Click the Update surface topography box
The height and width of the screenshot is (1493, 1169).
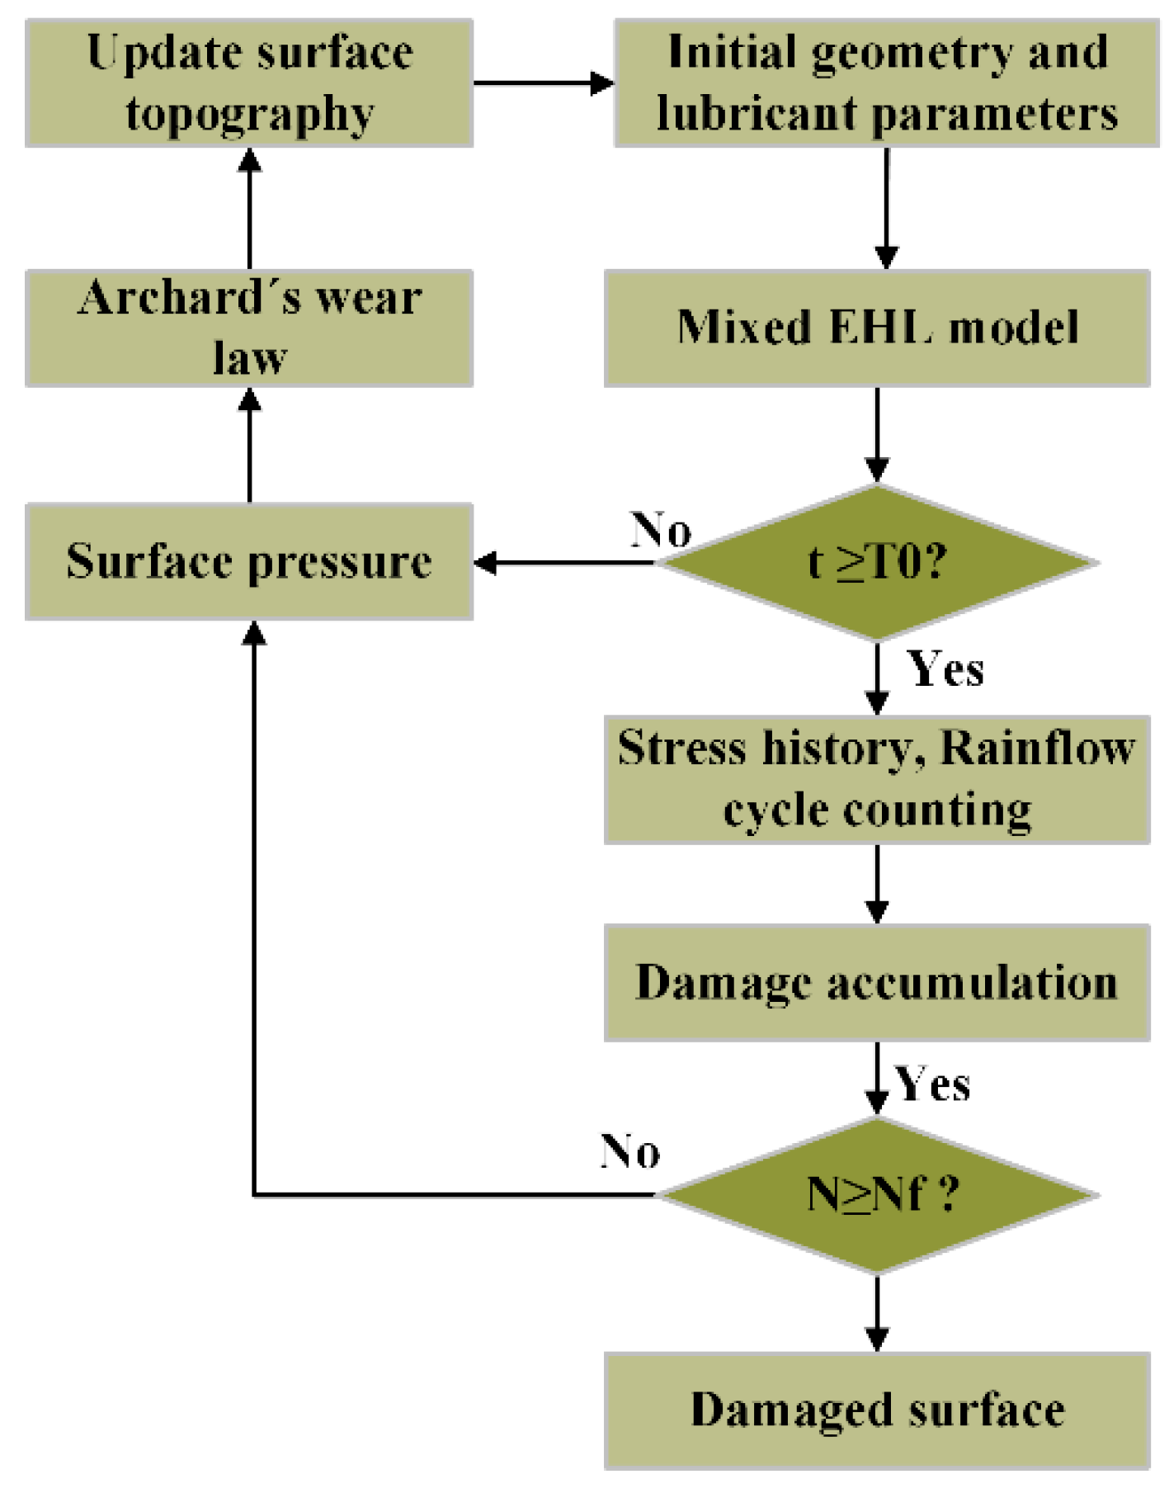click(x=248, y=83)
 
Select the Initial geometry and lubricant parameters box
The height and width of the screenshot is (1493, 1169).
click(x=886, y=83)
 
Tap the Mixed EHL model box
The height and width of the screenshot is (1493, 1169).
click(x=876, y=328)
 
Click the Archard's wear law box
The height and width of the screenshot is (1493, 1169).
click(x=248, y=328)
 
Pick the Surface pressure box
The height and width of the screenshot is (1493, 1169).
click(x=248, y=561)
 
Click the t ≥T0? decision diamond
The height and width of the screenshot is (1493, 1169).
click(x=877, y=562)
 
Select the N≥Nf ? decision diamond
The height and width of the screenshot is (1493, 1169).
click(x=877, y=1194)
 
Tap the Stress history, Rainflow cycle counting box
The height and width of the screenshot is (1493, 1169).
click(x=876, y=779)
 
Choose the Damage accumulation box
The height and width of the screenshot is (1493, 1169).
click(x=876, y=982)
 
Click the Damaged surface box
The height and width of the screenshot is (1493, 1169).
click(x=876, y=1410)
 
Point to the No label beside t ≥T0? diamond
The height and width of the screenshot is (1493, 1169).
click(x=660, y=529)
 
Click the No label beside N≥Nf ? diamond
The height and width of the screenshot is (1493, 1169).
click(x=629, y=1150)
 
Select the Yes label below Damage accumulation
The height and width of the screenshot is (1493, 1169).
click(x=932, y=1084)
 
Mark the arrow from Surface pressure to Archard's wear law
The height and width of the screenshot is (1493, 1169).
click(x=250, y=446)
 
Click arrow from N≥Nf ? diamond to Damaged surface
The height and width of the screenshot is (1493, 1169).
click(x=877, y=1312)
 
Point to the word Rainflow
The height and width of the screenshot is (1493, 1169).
click(x=1037, y=749)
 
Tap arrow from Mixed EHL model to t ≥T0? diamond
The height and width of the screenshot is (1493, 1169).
click(x=877, y=434)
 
